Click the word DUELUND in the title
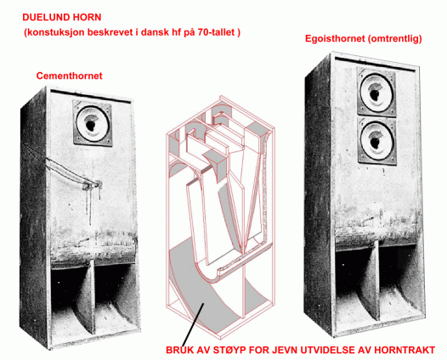[x=44, y=17]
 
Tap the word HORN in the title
[x=87, y=17]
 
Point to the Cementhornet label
[x=70, y=76]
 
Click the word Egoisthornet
[x=335, y=38]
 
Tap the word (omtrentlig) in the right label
[x=395, y=38]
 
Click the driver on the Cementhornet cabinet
[x=93, y=123]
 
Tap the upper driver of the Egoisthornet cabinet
[x=376, y=92]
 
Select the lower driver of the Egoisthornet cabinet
[x=376, y=141]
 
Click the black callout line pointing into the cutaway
[x=193, y=324]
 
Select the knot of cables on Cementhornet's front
[x=92, y=185]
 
